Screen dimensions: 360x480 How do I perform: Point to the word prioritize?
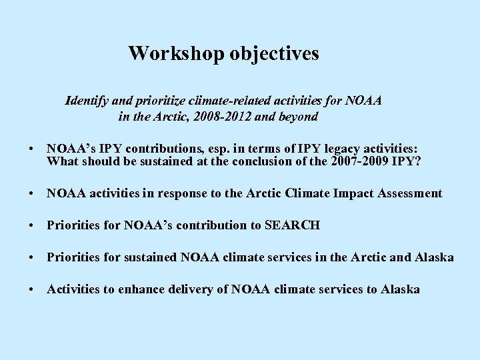(160, 101)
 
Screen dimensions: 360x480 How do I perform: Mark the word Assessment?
(407, 193)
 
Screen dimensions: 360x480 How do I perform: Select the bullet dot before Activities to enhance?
(32, 289)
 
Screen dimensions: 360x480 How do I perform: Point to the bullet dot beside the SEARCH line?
(32, 225)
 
